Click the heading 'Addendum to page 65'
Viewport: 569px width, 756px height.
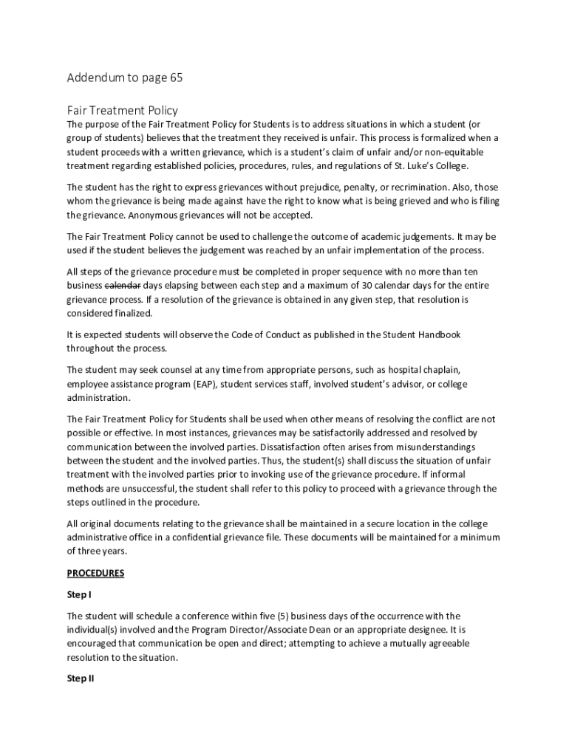coord(124,78)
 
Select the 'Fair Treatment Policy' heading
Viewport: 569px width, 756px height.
coord(123,111)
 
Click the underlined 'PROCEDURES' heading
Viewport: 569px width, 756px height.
coord(95,573)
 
